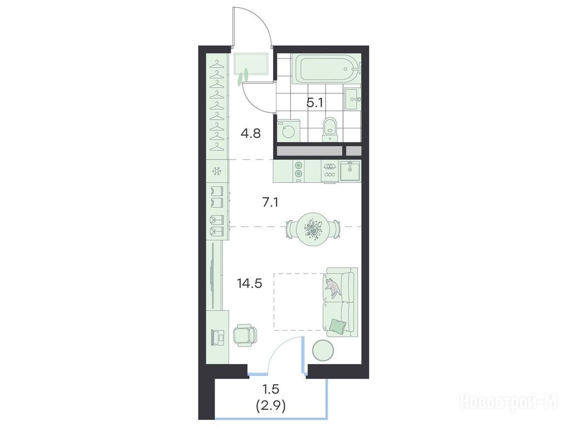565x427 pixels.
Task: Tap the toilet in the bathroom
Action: (330, 130)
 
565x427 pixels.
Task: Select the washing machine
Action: (288, 131)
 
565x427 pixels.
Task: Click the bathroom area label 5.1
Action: (315, 103)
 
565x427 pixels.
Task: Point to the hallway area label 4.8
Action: (250, 133)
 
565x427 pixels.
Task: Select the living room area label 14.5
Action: (249, 284)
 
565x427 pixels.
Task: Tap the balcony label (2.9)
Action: (271, 406)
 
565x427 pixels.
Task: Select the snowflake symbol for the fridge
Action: (216, 171)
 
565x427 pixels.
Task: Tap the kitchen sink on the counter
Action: (350, 171)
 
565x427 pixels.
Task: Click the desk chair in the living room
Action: (245, 335)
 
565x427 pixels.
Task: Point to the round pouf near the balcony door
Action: (323, 350)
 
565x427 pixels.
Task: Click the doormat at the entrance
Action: (251, 64)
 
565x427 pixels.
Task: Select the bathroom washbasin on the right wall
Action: (352, 99)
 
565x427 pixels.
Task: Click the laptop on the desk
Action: (218, 337)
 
